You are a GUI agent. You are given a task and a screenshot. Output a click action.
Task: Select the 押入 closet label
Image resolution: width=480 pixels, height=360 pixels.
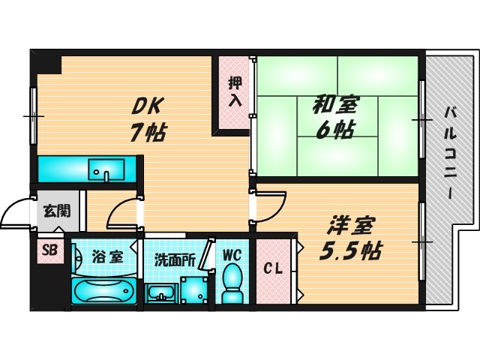coord(235,91)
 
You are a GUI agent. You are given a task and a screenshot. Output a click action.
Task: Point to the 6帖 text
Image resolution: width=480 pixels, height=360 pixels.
coord(334,129)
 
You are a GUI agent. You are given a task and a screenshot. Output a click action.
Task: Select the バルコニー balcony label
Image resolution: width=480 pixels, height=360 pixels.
coord(450,150)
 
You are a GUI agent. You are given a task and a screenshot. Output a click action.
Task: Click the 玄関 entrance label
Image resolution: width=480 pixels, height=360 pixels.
coord(55,211)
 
